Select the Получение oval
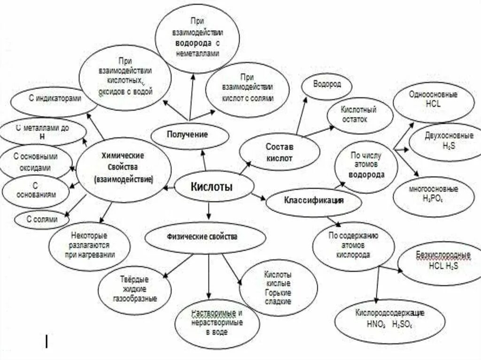pos(190,134)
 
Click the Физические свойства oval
pos(203,237)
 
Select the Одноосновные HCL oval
pos(432,100)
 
